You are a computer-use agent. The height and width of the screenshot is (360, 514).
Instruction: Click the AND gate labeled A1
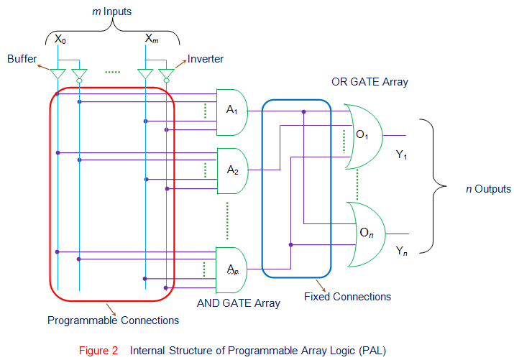[x=231, y=111]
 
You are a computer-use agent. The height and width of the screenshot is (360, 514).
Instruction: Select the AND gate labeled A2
[x=231, y=170]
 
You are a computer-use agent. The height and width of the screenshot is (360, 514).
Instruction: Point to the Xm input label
[x=152, y=38]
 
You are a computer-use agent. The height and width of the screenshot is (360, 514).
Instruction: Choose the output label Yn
[x=402, y=251]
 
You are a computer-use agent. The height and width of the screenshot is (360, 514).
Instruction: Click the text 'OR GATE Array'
[x=370, y=82]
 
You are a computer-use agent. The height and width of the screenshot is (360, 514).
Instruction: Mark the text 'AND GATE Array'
[x=239, y=303]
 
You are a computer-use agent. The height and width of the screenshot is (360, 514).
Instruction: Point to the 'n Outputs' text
[x=488, y=189]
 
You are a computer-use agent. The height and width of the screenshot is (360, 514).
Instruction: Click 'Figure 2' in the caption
[x=98, y=351]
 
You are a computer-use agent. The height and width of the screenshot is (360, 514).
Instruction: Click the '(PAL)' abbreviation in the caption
[x=372, y=351]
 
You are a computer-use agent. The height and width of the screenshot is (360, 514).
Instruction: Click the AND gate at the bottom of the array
[x=231, y=269]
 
